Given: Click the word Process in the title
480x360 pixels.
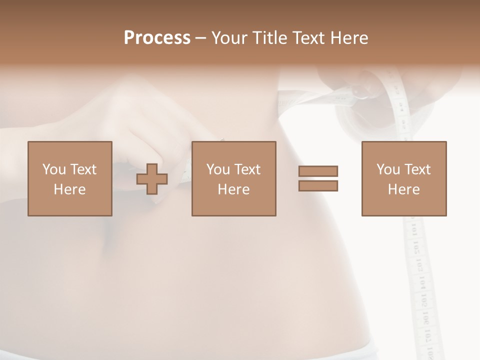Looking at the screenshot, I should click(157, 38).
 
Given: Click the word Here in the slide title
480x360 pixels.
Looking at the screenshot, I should click(349, 38).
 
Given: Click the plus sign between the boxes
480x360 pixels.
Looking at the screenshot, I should click(152, 179).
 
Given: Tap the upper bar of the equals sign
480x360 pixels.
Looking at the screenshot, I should click(318, 171).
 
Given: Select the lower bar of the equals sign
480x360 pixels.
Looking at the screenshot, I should click(318, 186).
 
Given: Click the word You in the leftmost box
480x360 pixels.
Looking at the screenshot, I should click(54, 169).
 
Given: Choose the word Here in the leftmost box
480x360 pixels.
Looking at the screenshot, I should click(69, 189).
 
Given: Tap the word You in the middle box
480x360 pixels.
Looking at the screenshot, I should click(218, 169).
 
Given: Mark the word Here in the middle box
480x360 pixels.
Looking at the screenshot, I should click(233, 189).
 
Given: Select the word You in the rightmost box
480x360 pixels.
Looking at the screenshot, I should click(388, 169).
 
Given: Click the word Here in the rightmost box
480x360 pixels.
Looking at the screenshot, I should click(403, 189).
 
